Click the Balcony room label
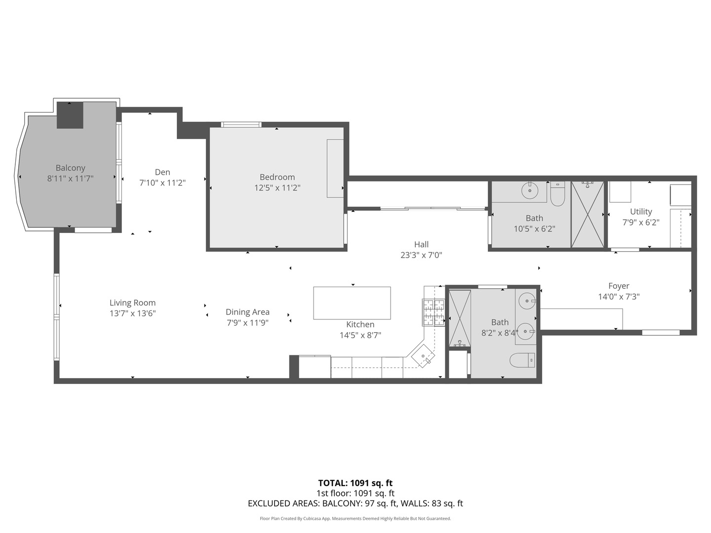click(70, 168)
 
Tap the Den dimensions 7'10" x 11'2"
click(162, 183)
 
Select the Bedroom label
click(277, 177)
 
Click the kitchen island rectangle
click(352, 303)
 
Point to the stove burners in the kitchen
click(434, 313)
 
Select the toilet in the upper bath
click(557, 194)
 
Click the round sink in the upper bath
click(530, 190)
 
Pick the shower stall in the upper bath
click(588, 215)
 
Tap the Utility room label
click(641, 211)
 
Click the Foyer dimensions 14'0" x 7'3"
click(619, 297)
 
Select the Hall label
click(421, 244)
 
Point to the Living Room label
click(132, 303)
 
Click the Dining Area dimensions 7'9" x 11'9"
click(247, 323)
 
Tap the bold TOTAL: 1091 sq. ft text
click(355, 483)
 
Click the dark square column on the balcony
click(70, 115)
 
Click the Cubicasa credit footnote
click(355, 519)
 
